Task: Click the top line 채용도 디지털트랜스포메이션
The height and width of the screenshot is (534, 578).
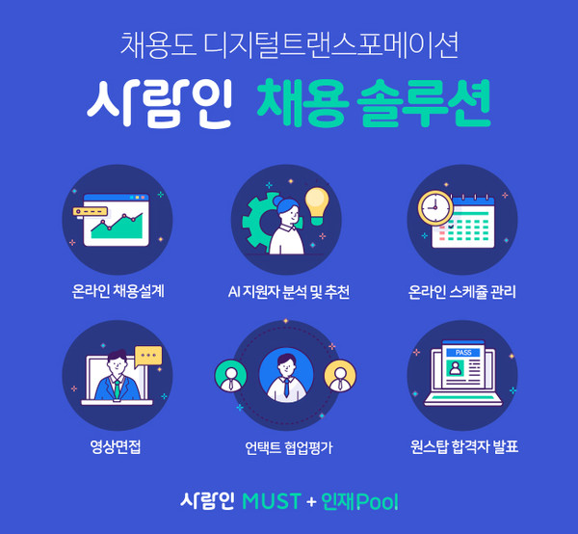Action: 289,44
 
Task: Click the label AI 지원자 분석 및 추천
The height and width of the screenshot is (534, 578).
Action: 288,290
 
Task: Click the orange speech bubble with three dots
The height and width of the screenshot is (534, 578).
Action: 148,356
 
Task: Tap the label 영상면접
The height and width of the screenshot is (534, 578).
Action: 117,446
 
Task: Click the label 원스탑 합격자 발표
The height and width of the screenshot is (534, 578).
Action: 464,446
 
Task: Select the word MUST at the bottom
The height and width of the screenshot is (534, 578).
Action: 273,501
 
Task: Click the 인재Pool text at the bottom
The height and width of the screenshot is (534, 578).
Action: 360,501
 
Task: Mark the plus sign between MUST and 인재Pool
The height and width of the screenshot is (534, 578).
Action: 310,502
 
